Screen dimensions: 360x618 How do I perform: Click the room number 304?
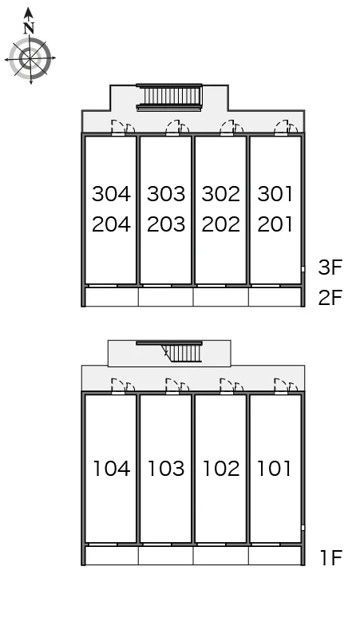pos(111,194)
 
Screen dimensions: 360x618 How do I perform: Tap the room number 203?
pos(166,224)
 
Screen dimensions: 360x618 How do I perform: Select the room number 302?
pos(220,194)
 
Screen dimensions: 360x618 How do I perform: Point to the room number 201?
pos(275,224)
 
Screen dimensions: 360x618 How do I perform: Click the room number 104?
pos(111,469)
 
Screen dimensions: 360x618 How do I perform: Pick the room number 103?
pos(166,469)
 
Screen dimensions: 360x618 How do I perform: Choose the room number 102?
pos(220,469)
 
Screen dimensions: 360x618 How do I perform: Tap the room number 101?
pos(274,469)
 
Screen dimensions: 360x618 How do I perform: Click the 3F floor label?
pos(330,267)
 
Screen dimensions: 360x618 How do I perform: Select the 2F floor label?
pos(330,298)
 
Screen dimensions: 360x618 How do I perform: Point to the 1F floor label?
pos(330,557)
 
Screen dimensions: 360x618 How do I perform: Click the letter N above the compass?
pos(29,28)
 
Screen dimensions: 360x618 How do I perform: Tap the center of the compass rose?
pos(30,59)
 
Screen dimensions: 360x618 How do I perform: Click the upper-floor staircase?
pos(169,97)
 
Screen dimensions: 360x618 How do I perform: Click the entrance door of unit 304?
pos(117,128)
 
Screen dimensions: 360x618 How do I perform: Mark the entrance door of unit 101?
pos(281,386)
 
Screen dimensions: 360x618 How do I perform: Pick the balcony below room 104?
pos(112,556)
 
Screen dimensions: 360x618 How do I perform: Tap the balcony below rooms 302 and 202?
pos(220,297)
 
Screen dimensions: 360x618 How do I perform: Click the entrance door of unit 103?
pos(172,386)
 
